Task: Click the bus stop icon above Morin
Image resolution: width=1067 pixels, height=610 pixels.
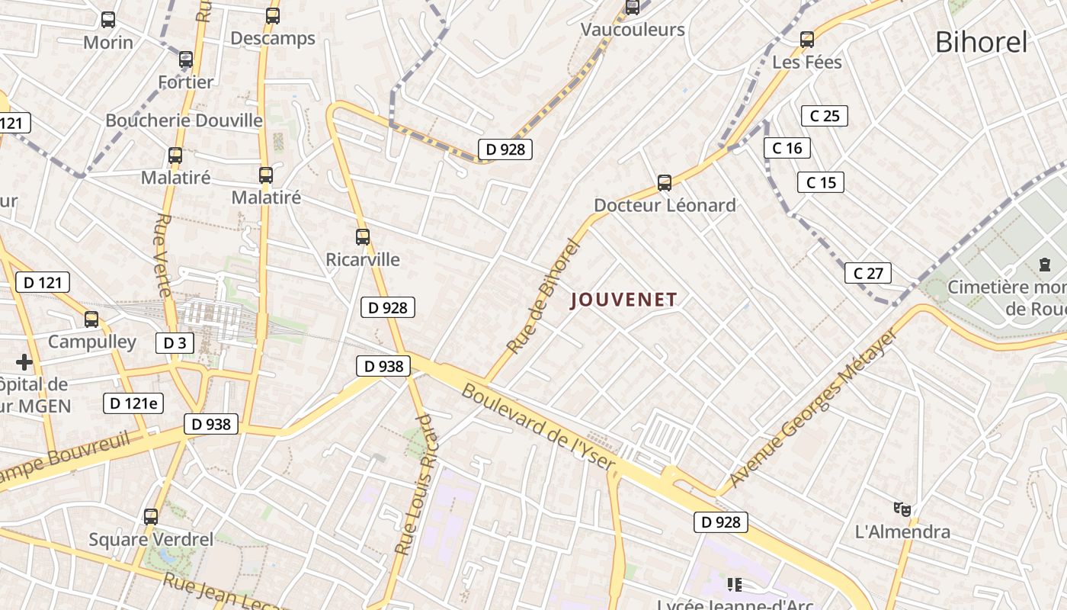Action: coord(108,20)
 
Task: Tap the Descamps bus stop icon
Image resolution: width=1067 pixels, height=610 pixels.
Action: coord(273,15)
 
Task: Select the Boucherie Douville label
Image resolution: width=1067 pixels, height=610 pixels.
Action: coord(184,120)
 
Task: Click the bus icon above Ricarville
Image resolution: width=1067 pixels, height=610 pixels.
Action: coord(363,237)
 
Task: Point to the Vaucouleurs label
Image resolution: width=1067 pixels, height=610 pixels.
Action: coord(633,30)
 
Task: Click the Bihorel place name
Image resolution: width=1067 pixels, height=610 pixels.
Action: coord(981,43)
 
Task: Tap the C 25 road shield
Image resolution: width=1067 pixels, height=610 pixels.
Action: coord(824,116)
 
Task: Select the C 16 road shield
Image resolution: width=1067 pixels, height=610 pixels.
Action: coord(787,148)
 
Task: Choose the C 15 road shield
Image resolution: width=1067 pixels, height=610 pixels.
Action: coord(821,182)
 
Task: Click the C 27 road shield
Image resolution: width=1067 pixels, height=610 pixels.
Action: coord(868,273)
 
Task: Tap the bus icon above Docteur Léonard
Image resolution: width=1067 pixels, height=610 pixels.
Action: coord(665,183)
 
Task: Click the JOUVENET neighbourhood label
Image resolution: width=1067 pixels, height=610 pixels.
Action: coord(624,300)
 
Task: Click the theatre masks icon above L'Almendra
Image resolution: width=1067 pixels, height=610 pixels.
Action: coord(902,509)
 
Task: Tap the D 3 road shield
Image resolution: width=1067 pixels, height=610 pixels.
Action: coord(175,343)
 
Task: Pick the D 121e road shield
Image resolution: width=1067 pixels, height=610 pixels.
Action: coord(133,403)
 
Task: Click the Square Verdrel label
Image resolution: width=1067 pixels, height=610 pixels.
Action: coord(151,540)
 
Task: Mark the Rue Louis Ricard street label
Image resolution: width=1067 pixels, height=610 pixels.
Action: coord(418,484)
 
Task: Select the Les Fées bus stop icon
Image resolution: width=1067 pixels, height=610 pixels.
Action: coord(807,40)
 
